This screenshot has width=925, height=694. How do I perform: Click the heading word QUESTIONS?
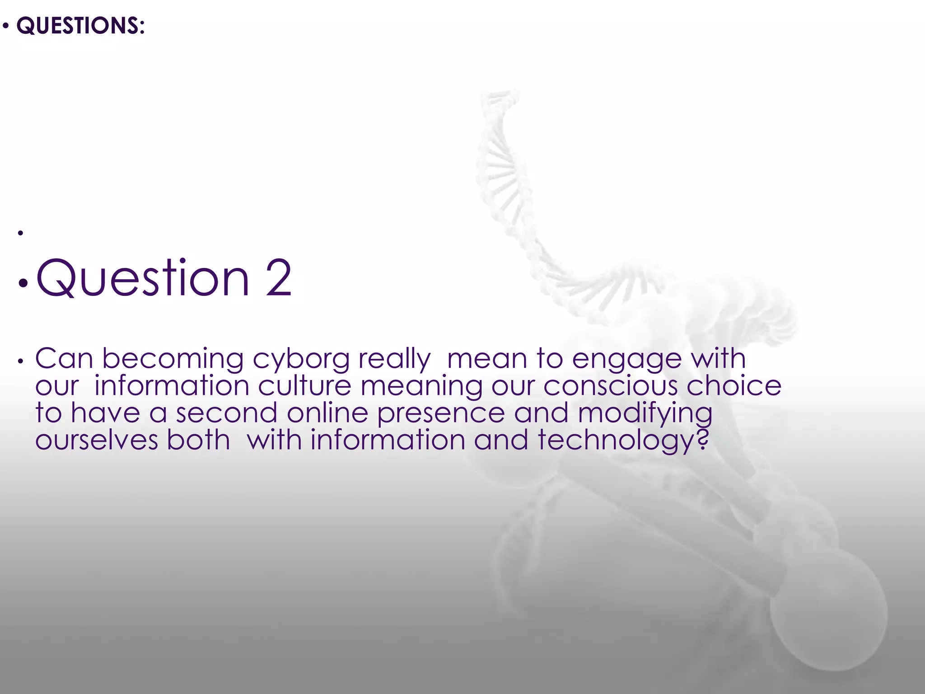click(x=80, y=25)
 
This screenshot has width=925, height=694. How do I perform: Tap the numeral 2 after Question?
click(x=279, y=278)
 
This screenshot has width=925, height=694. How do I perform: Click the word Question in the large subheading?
click(x=143, y=278)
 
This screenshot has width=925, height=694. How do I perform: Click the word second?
click(x=226, y=413)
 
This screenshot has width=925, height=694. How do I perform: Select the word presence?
click(x=441, y=414)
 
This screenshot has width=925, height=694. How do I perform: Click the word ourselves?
click(x=97, y=440)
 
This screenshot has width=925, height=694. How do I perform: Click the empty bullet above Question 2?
click(x=20, y=233)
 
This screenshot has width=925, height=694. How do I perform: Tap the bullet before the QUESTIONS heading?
click(x=5, y=26)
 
